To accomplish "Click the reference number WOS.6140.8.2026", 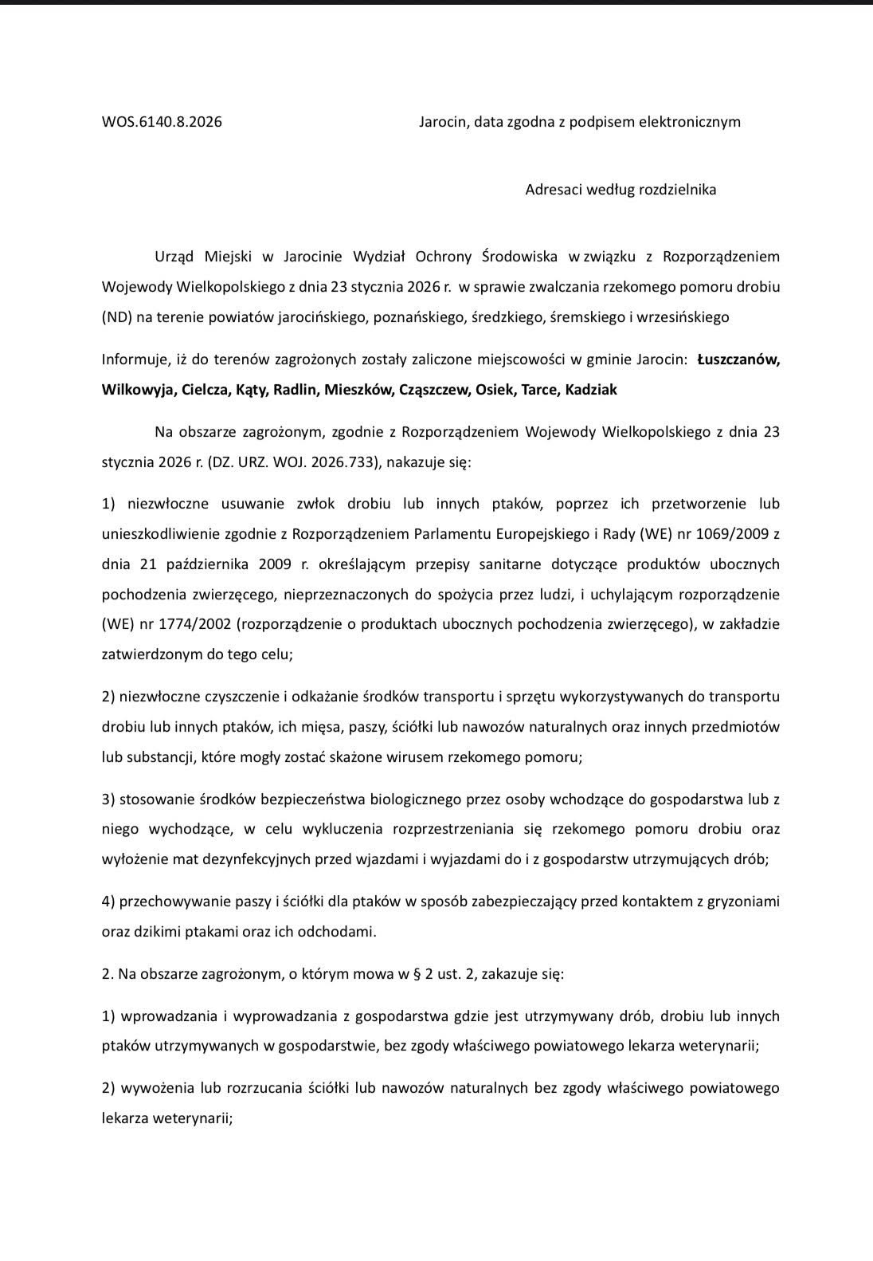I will point(162,122).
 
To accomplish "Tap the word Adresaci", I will point(556,190).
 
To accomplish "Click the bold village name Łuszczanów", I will point(738,359).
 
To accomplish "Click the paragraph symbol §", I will point(420,974).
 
